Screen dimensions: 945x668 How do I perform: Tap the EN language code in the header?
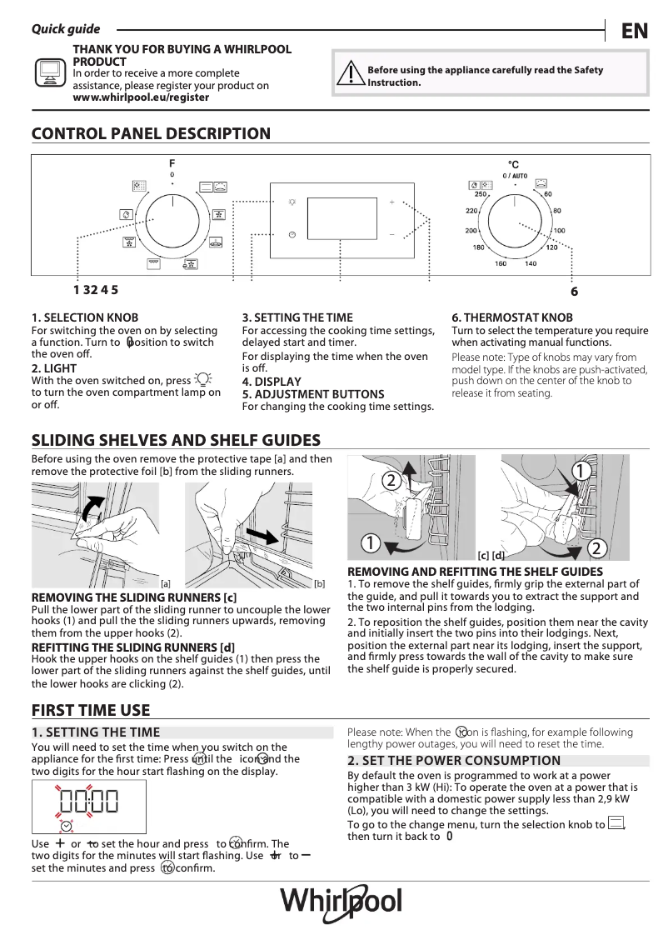(634, 31)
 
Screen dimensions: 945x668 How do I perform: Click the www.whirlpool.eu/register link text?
(141, 97)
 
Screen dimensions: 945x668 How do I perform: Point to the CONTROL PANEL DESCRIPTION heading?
(151, 134)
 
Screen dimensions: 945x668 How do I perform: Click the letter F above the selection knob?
(172, 164)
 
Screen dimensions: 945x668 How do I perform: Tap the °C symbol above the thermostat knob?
(514, 165)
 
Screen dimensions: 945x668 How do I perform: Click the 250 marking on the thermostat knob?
(480, 194)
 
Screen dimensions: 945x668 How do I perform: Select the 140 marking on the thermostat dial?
(531, 264)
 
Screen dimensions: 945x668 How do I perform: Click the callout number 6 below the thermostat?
(574, 292)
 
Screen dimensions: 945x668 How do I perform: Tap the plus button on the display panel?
(391, 202)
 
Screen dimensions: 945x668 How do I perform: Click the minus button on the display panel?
(391, 235)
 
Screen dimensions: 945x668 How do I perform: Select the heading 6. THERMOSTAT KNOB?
(512, 317)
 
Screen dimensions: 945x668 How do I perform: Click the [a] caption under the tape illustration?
(165, 584)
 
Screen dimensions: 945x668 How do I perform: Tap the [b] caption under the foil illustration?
(319, 584)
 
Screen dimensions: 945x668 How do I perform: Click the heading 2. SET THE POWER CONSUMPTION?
(454, 761)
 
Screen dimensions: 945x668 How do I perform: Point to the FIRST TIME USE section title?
(91, 710)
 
